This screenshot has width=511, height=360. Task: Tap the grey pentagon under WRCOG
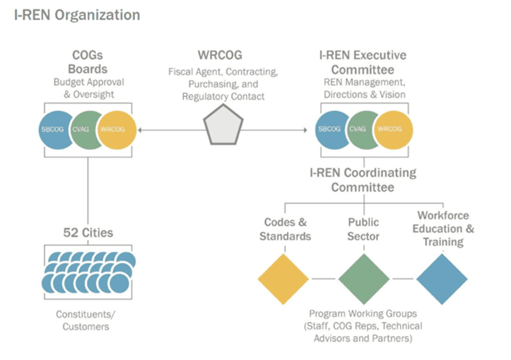[223, 124]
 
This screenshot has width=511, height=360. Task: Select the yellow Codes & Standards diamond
[283, 278]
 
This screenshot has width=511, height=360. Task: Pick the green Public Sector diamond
[364, 278]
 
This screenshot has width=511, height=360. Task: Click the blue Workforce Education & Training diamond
[442, 278]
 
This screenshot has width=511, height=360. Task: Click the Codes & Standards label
[284, 230]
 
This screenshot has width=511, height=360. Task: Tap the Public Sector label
[364, 230]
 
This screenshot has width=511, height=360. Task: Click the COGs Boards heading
[88, 61]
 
